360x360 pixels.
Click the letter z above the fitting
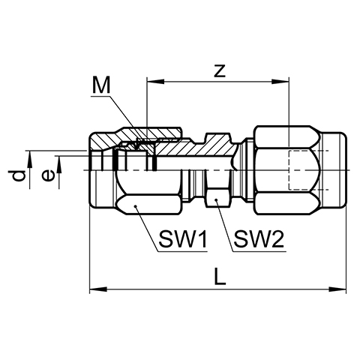point(220,71)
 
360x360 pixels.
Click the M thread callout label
point(101,85)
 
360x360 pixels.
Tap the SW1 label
point(183,239)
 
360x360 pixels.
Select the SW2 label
point(259,239)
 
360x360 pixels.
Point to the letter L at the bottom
point(220,276)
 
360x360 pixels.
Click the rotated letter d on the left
point(19,175)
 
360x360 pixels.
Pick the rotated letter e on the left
point(47,175)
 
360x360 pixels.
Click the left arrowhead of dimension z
point(156,82)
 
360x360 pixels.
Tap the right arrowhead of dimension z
point(280,82)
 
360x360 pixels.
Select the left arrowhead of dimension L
point(98,289)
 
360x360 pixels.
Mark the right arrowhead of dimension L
point(337,289)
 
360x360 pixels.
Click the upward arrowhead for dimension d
point(29,159)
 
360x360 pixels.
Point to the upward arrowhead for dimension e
point(59,164)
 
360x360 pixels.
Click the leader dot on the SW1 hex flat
point(136,206)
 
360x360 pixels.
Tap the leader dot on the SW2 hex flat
point(216,200)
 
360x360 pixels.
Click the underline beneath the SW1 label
point(183,251)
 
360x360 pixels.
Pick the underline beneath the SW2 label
point(259,251)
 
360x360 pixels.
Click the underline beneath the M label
point(100,96)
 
